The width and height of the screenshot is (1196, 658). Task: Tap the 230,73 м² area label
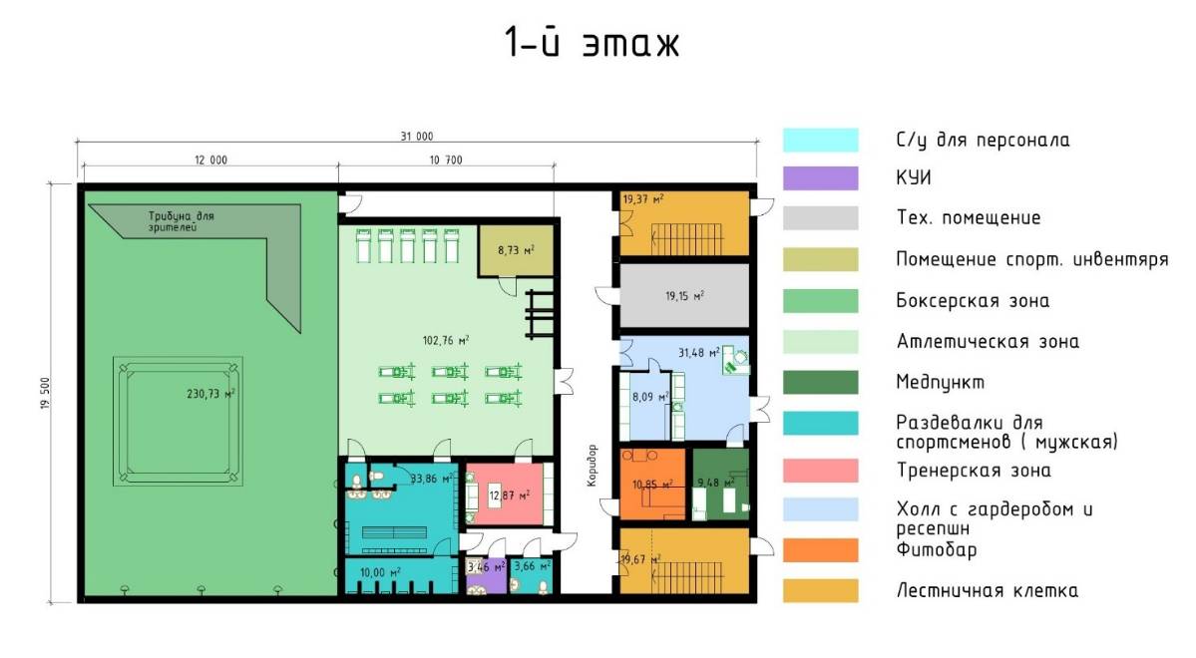coord(210,394)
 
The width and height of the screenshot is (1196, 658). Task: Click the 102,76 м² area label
coord(446,340)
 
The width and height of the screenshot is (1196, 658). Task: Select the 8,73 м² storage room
coord(516,250)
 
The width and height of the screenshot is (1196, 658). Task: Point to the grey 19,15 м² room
coord(684,296)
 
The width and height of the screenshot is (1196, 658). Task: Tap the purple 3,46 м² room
coord(487,575)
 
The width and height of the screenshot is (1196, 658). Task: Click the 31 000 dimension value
coord(417,136)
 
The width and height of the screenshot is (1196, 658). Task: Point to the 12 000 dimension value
coord(210,161)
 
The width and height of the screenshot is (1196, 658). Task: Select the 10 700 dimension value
coord(446,161)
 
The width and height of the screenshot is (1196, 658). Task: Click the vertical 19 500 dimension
coord(46,394)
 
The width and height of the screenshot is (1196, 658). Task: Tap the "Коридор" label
coord(593,466)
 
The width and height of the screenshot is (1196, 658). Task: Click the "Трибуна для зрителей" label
coord(182,221)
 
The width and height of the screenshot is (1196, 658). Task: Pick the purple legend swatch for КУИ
coord(820,178)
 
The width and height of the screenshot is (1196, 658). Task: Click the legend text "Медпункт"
coord(940,382)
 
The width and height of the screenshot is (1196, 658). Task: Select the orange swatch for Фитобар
coord(820,549)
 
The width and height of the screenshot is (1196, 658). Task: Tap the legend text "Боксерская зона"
coord(973,300)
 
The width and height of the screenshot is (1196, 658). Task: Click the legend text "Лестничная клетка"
coord(987,590)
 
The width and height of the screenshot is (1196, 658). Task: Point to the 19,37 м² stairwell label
coord(643,199)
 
